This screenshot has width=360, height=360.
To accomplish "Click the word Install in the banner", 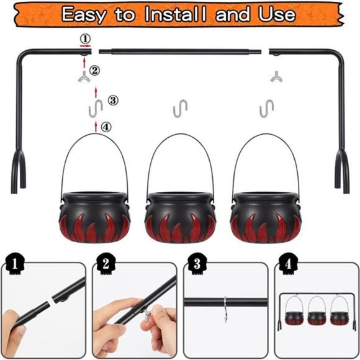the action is [176, 14].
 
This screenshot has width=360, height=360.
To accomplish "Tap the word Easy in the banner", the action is [84, 15].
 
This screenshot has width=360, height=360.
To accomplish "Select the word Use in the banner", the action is [277, 14].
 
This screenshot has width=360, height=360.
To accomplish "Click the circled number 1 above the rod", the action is [85, 39].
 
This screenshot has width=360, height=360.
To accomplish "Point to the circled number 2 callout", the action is [94, 70].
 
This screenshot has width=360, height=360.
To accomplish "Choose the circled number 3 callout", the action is [113, 101].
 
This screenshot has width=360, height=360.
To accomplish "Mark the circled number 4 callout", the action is [106, 127].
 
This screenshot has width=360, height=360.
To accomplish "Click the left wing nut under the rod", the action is [84, 77].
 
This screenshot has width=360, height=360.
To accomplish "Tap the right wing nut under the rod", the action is [276, 77].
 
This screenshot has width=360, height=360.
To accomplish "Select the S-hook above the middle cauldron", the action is [180, 109].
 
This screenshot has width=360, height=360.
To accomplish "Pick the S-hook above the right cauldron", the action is [266, 109].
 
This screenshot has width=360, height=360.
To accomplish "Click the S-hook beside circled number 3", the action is [96, 109].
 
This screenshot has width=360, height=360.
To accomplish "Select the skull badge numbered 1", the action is [14, 264].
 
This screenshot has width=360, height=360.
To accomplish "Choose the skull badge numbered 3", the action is [197, 264].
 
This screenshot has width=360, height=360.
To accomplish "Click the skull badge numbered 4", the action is [289, 264].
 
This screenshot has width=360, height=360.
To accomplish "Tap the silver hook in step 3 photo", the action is [225, 309].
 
